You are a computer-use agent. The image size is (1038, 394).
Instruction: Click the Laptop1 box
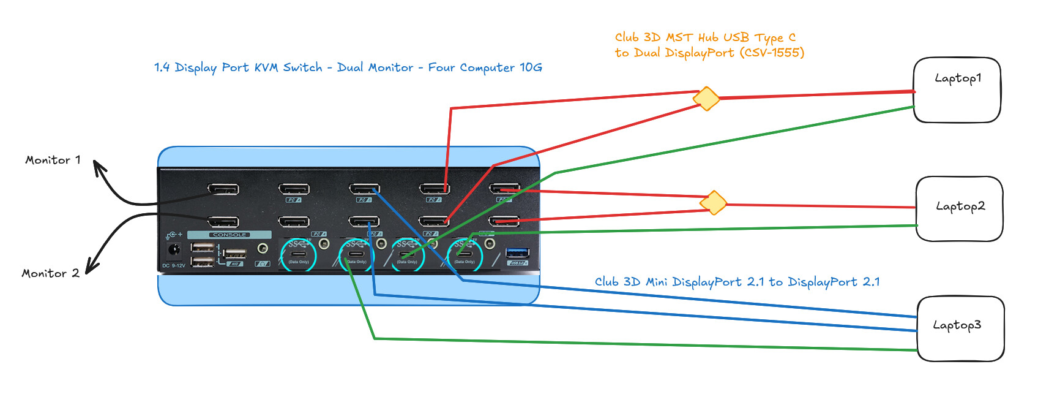pos(957,90)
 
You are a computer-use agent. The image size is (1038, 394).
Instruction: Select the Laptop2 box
pos(959,209)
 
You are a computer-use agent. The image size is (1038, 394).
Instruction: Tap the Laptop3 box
pos(960,328)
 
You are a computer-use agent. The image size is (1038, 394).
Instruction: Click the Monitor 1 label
pos(53,160)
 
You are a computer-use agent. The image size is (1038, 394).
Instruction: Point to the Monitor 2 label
pos(50,273)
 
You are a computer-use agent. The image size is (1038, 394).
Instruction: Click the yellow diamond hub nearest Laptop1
pos(706,98)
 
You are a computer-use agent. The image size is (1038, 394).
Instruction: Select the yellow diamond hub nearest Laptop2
pos(714,202)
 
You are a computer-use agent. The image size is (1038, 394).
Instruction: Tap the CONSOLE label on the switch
pos(230,235)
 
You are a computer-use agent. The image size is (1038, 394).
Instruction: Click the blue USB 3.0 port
pos(518,252)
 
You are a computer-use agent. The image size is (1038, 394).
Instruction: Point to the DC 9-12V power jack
pos(174,250)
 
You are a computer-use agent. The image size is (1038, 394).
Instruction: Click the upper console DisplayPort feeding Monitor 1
pos(223,189)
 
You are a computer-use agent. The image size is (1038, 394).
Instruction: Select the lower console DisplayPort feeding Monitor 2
pos(223,221)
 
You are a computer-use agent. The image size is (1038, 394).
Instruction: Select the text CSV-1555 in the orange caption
pos(772,53)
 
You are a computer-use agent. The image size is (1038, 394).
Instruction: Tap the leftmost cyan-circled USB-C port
pos(299,254)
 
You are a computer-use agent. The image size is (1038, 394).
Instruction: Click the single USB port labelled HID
pos(235,253)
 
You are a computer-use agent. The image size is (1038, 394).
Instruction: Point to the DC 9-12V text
pos(173,266)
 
